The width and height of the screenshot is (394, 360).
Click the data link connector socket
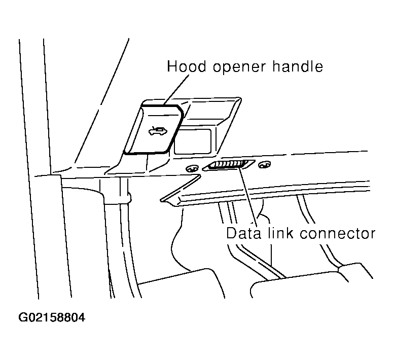pyautogui.click(x=227, y=166)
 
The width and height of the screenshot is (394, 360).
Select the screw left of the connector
pyautogui.click(x=192, y=169)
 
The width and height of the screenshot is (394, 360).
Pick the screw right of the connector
pyautogui.click(x=263, y=164)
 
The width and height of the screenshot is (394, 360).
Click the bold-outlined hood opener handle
pyautogui.click(x=152, y=129)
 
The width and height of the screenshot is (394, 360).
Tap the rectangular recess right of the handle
pyautogui.click(x=193, y=141)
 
